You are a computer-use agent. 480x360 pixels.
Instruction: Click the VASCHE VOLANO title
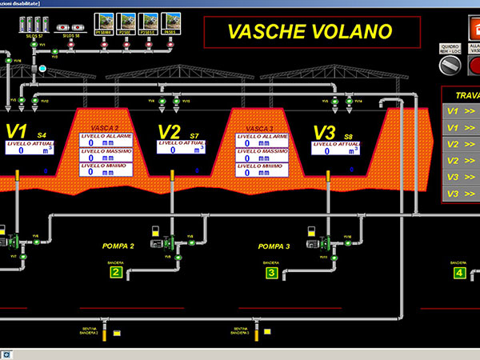(x=310, y=32)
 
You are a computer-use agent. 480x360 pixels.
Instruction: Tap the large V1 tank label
(x=18, y=131)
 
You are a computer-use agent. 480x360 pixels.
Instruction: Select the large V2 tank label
(x=170, y=131)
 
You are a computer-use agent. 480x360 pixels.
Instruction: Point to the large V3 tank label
(x=324, y=131)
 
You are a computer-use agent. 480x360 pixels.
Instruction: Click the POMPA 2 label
(x=118, y=246)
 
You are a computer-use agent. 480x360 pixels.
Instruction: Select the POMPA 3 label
(x=274, y=246)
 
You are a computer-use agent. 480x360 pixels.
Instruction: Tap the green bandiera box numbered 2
(x=116, y=273)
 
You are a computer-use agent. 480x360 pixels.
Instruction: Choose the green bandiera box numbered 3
(x=271, y=273)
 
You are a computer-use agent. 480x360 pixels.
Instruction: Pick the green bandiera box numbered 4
(x=459, y=273)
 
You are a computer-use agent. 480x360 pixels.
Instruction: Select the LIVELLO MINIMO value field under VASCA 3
(x=262, y=172)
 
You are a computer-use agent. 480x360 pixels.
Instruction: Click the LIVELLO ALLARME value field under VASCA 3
(x=262, y=143)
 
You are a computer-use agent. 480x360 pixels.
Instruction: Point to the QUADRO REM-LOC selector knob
(x=451, y=62)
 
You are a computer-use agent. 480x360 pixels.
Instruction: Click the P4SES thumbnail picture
(x=170, y=21)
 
